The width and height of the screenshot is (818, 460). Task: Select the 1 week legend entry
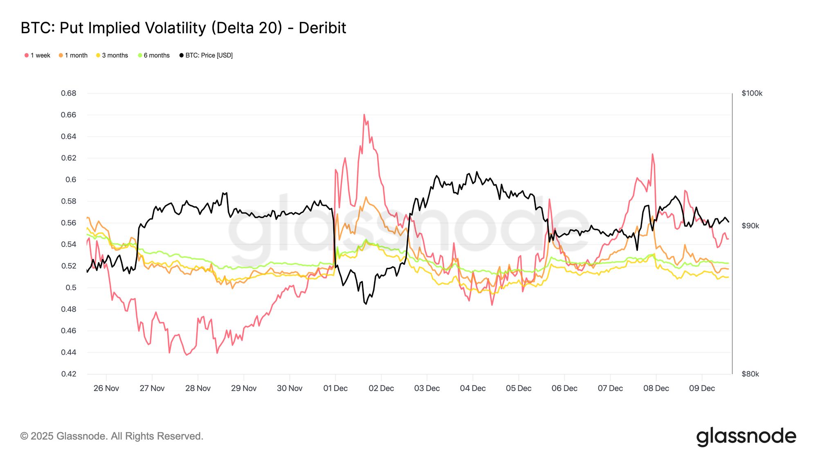pos(38,55)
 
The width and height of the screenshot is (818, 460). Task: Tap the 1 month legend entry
pos(73,55)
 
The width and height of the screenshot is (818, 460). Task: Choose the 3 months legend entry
pos(112,55)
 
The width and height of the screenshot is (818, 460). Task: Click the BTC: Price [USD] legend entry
pos(206,55)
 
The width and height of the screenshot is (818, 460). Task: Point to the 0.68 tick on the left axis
pos(69,93)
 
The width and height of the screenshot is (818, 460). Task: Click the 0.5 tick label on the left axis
pos(71,287)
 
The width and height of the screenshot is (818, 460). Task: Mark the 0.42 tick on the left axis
pos(69,374)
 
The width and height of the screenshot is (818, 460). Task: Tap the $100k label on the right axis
pos(752,93)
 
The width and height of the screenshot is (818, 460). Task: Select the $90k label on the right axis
pos(750,226)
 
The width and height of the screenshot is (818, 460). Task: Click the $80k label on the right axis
pos(750,374)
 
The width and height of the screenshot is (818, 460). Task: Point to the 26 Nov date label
pos(106,388)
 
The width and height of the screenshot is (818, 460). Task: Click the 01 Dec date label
pos(335,388)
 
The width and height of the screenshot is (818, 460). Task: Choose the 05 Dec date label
pos(519,388)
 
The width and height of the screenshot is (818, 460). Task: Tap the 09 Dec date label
pos(702,388)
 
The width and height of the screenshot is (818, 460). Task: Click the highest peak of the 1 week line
pos(364,115)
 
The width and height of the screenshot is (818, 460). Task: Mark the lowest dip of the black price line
pos(366,304)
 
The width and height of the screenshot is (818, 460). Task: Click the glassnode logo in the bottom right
pos(746,437)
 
